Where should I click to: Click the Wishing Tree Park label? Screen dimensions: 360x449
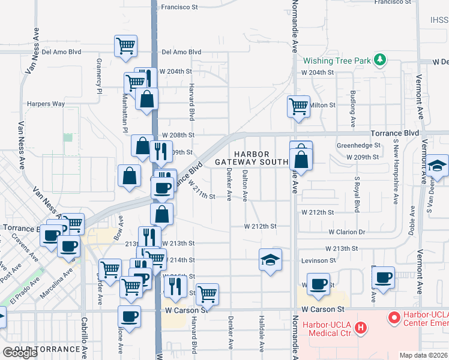337,61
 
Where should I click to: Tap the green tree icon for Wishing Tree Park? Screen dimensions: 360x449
379,60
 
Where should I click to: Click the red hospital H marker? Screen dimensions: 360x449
360,328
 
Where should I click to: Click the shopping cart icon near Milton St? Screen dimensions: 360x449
298,107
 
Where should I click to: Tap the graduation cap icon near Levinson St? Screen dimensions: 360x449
270,260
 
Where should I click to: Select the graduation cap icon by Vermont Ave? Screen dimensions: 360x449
438,166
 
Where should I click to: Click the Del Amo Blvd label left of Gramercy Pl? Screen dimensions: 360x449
61,52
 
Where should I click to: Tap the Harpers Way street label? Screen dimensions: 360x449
46,104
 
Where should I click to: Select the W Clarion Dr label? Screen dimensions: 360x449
346,232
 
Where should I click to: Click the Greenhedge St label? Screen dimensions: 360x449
358,145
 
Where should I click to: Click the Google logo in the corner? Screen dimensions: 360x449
19,353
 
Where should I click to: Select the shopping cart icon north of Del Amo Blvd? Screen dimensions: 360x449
125,46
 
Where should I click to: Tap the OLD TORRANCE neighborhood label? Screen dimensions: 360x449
48,349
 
